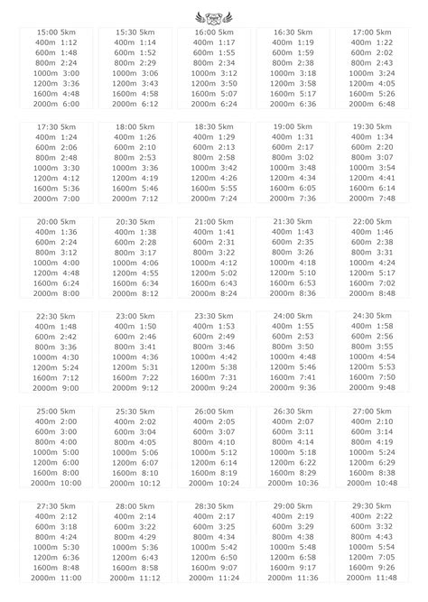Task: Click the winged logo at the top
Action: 214,15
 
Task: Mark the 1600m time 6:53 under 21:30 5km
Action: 306,282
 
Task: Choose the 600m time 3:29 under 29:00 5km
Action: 306,526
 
